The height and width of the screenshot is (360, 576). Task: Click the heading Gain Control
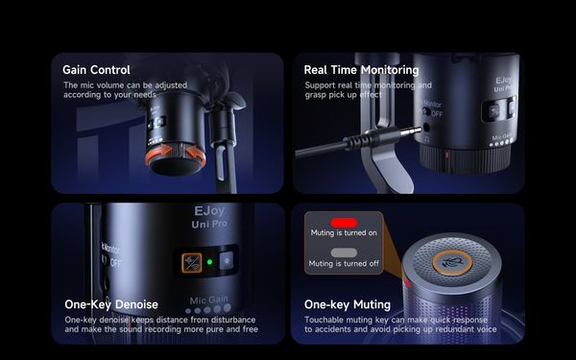(96, 70)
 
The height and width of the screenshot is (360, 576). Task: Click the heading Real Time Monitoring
(362, 70)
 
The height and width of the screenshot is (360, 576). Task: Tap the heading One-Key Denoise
(111, 304)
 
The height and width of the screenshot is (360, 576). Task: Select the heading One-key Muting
(348, 304)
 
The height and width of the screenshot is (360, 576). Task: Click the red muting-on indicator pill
(344, 223)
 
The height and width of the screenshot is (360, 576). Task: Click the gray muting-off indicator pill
(344, 252)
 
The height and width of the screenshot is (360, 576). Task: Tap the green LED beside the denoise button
(209, 262)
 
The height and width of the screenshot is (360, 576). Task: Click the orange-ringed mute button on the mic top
(452, 262)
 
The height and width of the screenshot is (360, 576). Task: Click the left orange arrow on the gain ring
(158, 154)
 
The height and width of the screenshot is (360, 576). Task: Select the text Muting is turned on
(344, 233)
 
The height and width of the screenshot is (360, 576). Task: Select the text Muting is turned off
(344, 263)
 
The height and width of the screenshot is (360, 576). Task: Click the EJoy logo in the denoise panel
(209, 211)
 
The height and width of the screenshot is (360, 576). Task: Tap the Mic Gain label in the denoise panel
(208, 300)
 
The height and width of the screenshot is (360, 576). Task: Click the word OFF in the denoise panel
(115, 263)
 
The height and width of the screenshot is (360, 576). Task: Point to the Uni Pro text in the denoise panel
(209, 224)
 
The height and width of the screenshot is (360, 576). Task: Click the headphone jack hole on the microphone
(426, 128)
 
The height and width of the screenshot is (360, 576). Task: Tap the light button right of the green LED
(227, 261)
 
